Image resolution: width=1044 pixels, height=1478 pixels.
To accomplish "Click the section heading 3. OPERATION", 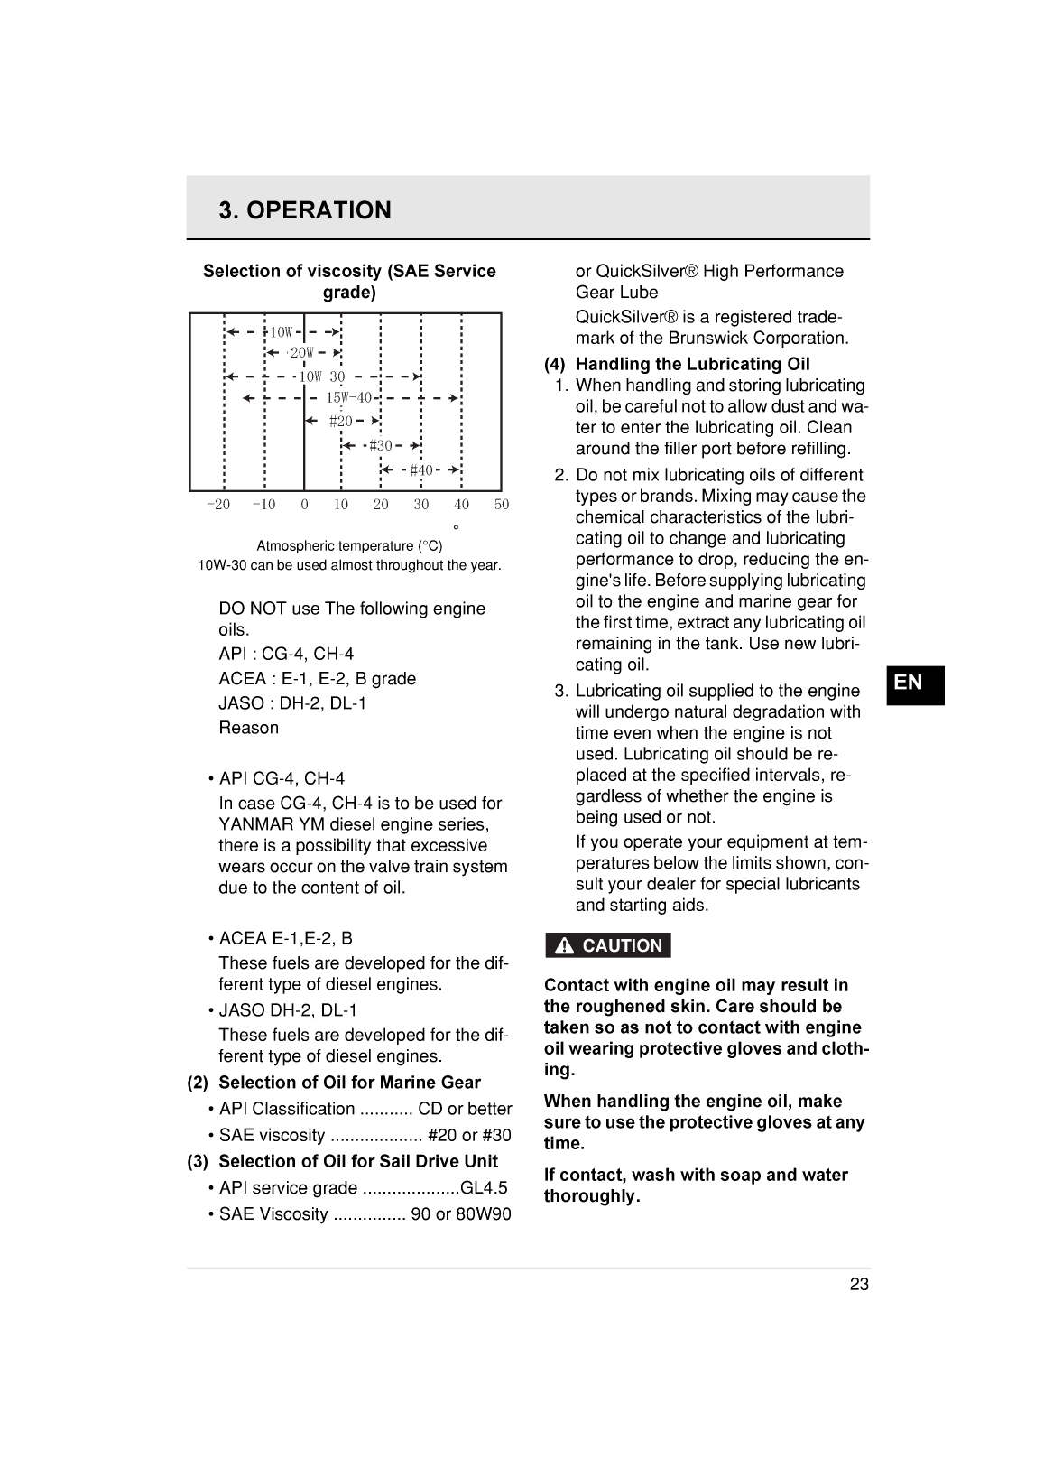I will tap(305, 210).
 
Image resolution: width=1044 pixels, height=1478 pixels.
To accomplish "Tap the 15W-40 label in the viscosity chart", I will tap(348, 397).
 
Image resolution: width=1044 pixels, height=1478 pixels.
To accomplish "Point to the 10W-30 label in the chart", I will tap(321, 376).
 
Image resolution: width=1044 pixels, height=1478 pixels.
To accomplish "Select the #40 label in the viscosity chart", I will tap(420, 469).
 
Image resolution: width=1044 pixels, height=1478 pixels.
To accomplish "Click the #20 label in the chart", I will tap(340, 421).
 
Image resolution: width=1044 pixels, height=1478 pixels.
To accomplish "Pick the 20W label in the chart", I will tap(301, 353).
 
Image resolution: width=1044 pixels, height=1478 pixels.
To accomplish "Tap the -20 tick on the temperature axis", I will tap(218, 505).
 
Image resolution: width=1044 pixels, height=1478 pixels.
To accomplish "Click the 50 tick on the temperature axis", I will tap(502, 505).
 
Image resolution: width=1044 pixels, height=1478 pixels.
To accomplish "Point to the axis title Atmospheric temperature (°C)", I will tap(349, 546).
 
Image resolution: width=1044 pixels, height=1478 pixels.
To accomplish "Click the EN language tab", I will tap(909, 683).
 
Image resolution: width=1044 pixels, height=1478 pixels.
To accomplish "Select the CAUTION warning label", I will tap(622, 945).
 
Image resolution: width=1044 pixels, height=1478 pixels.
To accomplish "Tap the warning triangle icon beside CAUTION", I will tap(565, 946).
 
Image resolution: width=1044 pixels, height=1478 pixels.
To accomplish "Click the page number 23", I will tap(858, 1284).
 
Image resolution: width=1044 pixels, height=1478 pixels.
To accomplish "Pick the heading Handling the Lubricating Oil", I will tap(692, 364).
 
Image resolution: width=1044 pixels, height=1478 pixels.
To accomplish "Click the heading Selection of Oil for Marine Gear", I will tap(349, 1082).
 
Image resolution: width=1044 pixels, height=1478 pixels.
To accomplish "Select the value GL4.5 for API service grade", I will tap(484, 1187).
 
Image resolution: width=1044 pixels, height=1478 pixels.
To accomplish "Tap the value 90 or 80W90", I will tap(460, 1213).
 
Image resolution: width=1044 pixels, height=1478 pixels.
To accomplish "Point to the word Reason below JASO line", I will tap(248, 728).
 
